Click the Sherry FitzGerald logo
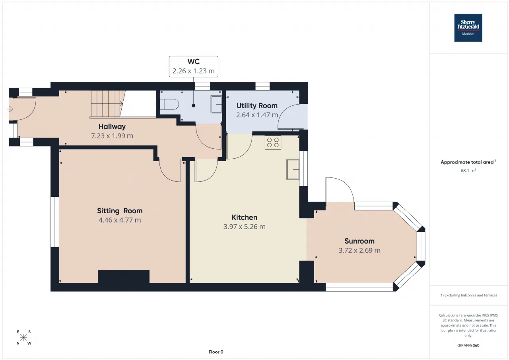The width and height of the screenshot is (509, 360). tap(468, 28)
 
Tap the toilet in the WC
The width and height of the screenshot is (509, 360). tap(169, 105)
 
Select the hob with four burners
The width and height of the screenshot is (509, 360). tap(273, 142)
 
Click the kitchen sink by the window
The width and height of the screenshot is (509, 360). tap(293, 169)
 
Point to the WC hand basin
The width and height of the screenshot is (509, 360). tap(216, 104)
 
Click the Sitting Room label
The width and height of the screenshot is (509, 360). tap(120, 211)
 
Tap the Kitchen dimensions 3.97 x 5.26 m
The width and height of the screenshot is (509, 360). tap(245, 227)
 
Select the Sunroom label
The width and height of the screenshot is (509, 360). tap(359, 241)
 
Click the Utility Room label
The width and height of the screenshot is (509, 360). tap(257, 106)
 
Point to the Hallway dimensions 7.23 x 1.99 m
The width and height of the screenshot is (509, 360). tap(112, 136)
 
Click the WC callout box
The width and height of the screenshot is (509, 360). tap(194, 66)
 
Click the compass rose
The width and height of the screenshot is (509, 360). tap(23, 337)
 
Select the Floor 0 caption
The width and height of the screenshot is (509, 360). tap(216, 352)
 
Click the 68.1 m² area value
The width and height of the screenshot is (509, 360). tap(468, 171)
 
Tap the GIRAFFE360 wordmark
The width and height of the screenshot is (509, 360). tap(468, 345)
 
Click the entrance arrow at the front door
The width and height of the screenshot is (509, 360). tap(10, 109)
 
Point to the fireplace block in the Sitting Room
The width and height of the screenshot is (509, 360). tap(124, 276)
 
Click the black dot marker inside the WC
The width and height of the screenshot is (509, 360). tap(194, 105)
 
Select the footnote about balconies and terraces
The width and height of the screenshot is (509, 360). tap(468, 295)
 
